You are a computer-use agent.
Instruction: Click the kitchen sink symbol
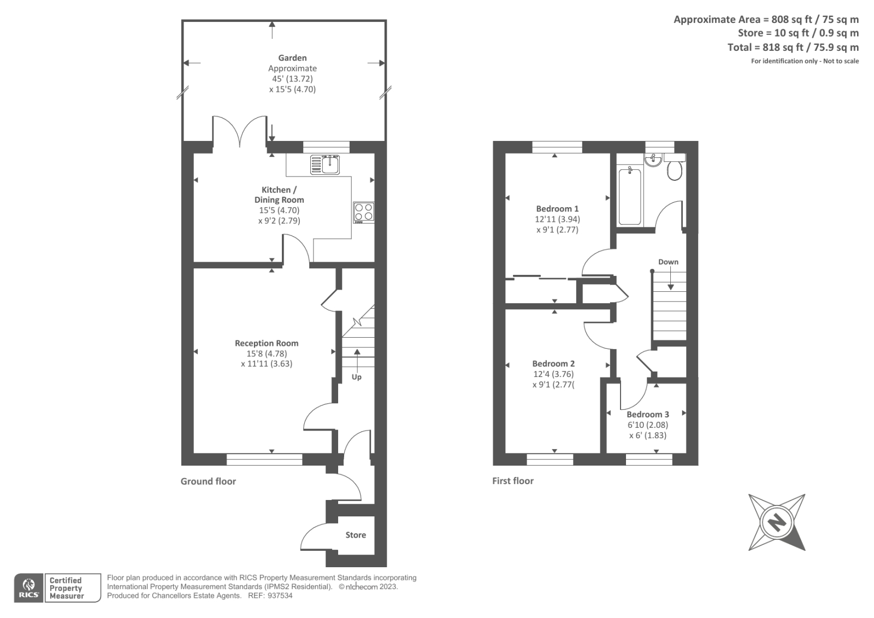(325, 164)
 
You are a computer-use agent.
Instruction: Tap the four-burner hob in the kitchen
(364, 213)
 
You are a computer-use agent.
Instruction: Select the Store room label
(356, 535)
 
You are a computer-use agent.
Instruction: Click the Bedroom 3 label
(648, 414)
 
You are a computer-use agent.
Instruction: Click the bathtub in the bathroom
(630, 196)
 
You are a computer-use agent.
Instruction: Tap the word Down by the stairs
(668, 262)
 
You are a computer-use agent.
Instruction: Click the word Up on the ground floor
(356, 377)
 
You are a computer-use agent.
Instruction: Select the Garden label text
(292, 58)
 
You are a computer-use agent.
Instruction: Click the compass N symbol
(776, 522)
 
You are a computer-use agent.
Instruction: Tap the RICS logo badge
(29, 588)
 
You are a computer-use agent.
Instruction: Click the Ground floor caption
(208, 481)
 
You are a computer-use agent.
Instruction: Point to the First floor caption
(512, 481)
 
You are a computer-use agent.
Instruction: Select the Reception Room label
(267, 343)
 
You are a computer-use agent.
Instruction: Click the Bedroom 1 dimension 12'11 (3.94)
(557, 219)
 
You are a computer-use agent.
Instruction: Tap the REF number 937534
(280, 596)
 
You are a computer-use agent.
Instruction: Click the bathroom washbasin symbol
(653, 159)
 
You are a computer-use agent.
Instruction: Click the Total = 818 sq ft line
(793, 48)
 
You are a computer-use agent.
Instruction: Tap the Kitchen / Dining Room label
(279, 195)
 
